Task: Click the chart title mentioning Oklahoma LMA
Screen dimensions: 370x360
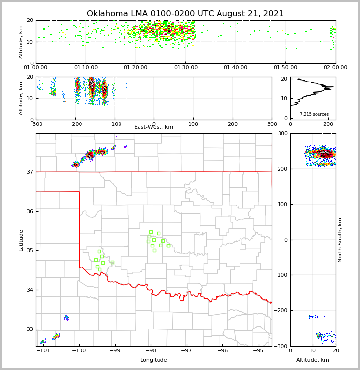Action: click(x=185, y=14)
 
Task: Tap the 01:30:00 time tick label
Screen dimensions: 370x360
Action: click(x=185, y=67)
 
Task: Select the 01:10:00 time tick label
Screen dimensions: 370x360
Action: click(x=85, y=67)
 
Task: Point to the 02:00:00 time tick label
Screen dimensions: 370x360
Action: click(x=335, y=67)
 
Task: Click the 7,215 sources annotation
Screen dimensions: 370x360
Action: click(x=314, y=114)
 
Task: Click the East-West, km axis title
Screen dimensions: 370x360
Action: click(x=154, y=127)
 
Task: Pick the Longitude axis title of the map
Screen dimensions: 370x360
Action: click(x=154, y=360)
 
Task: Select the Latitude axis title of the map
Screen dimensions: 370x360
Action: click(x=21, y=240)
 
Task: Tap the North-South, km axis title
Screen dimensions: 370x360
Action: click(x=340, y=240)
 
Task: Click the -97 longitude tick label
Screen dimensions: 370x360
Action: click(x=186, y=350)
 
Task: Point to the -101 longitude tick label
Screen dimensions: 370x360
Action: click(x=43, y=350)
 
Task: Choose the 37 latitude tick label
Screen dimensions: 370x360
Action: click(x=29, y=172)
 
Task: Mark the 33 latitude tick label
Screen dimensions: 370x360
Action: click(x=29, y=329)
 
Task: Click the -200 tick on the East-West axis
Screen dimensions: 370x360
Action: click(x=74, y=123)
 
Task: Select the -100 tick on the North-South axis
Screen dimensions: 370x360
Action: click(x=281, y=275)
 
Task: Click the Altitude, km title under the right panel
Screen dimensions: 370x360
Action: click(x=313, y=360)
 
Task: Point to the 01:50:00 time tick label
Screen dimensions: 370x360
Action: click(x=285, y=67)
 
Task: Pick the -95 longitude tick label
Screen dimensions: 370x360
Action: click(x=258, y=350)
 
